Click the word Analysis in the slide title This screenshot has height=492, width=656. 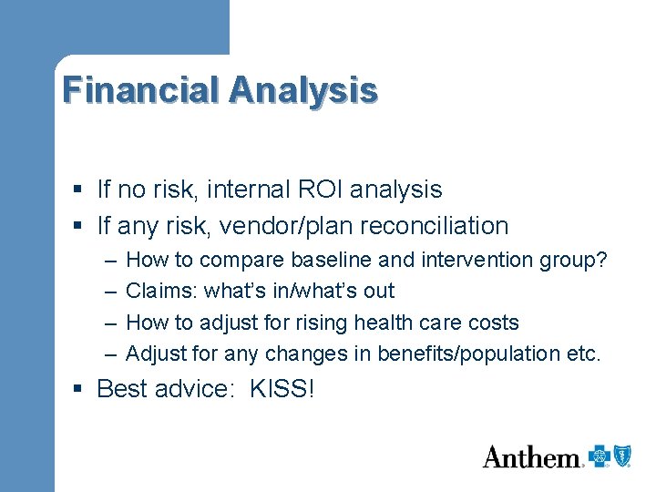303,90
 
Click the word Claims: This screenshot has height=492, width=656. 162,291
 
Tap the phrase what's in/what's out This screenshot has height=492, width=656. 300,291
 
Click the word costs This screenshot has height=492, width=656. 492,323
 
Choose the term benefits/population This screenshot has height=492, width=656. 459,354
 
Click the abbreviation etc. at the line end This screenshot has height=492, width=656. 584,354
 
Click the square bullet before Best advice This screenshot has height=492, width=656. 79,389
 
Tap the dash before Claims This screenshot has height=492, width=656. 109,291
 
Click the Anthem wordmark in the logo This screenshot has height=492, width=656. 532,456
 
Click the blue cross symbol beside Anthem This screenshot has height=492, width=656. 599,456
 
